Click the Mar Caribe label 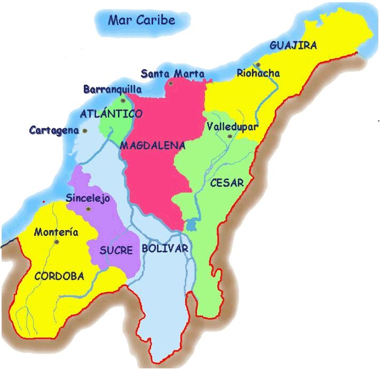(142, 21)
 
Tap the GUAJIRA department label (293, 45)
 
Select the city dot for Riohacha (258, 64)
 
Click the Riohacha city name (259, 73)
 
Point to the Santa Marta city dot (170, 83)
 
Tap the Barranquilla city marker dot (123, 100)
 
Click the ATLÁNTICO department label (111, 114)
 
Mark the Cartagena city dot (85, 130)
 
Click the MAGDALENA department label (152, 145)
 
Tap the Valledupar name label (232, 127)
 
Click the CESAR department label (227, 183)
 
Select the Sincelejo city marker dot (89, 208)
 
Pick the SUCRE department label (116, 250)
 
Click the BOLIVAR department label (165, 249)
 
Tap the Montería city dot (56, 242)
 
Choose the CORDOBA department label (59, 276)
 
